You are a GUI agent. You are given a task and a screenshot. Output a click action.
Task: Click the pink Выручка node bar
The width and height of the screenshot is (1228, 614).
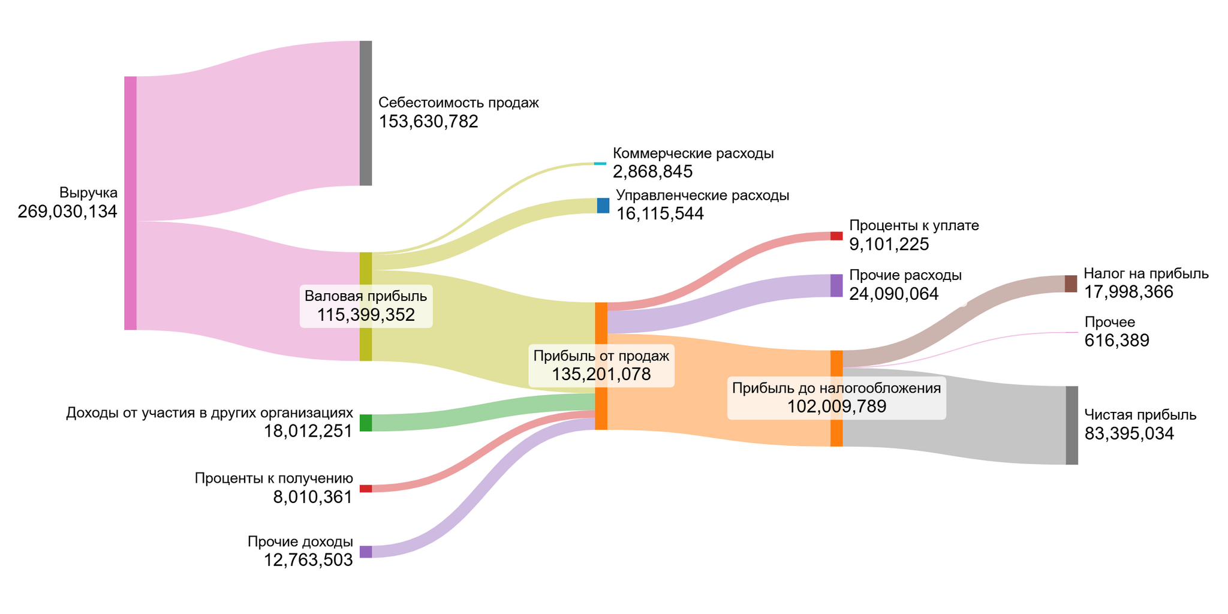(130, 203)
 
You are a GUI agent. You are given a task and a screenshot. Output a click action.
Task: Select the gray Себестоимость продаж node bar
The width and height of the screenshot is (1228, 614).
(366, 113)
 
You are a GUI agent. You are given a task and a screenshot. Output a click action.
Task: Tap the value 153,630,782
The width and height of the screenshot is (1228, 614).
(428, 122)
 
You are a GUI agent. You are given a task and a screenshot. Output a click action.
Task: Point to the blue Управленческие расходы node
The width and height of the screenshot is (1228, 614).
(603, 206)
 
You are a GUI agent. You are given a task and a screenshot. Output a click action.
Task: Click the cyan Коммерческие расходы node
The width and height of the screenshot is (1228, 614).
(600, 163)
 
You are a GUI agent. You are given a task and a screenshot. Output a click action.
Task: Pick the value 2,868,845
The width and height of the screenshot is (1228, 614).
(652, 172)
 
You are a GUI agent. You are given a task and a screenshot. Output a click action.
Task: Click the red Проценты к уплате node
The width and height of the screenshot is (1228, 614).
(836, 236)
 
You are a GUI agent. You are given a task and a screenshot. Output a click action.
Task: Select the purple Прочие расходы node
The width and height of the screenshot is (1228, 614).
(836, 285)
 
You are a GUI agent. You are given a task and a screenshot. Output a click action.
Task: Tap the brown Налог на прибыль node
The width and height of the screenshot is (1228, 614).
(1071, 284)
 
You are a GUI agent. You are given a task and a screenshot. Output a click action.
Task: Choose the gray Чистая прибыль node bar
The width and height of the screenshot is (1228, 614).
(1072, 425)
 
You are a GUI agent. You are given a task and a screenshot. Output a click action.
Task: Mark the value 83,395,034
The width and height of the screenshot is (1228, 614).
(1129, 434)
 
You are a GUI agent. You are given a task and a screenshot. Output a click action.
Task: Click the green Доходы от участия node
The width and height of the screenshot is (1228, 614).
(366, 423)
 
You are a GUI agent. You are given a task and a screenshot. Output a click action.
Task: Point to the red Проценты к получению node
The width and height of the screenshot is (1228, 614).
(366, 489)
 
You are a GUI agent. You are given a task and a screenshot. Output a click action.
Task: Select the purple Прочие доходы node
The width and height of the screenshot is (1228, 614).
(366, 552)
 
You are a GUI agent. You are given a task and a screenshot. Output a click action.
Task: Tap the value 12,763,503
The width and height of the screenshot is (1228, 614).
(308, 561)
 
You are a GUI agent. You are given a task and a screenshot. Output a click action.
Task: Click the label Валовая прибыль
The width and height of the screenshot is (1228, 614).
(366, 296)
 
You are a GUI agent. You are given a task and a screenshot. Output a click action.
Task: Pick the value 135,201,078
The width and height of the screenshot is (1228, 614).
(601, 375)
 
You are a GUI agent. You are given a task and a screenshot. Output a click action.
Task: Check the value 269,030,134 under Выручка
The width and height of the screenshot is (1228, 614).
(67, 212)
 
